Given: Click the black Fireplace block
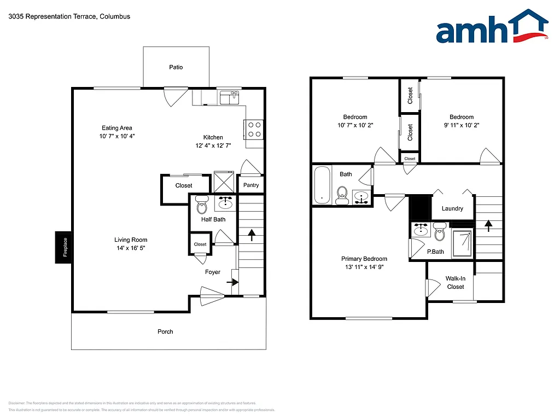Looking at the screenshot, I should (x=63, y=247).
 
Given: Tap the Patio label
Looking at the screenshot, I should (x=176, y=67).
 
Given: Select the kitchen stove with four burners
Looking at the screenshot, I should (x=254, y=129).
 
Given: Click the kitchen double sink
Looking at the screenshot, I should (x=230, y=98).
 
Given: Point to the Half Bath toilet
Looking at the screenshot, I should (x=201, y=206).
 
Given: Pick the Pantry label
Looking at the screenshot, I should (x=251, y=185).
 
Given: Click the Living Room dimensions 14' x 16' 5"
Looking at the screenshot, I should (x=131, y=248).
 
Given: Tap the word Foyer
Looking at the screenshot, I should (x=212, y=272).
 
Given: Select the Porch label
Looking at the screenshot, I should (x=165, y=331).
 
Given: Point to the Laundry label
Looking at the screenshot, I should (x=452, y=208).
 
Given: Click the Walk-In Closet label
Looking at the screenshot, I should (x=455, y=282).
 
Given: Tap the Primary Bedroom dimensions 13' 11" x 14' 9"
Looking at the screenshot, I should (x=364, y=267).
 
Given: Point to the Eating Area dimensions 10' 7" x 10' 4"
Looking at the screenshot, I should (x=117, y=136).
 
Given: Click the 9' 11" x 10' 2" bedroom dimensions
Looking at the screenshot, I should (x=462, y=125).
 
